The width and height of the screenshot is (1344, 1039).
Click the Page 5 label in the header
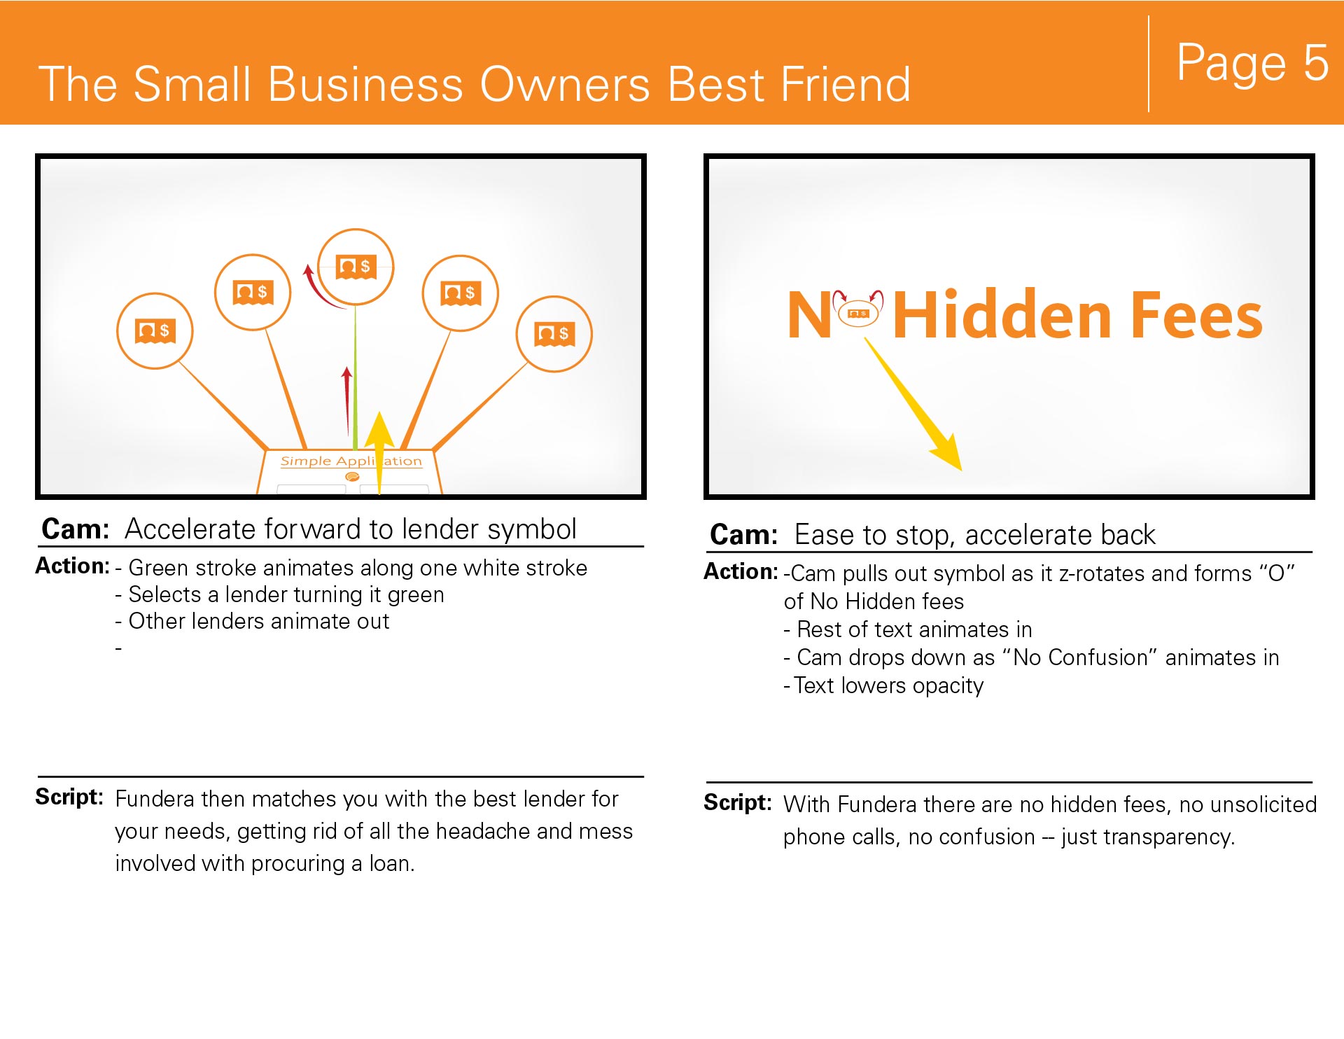click(x=1252, y=62)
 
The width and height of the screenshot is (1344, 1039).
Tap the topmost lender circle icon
click(x=356, y=267)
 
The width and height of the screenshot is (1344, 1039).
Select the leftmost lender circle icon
click(x=155, y=330)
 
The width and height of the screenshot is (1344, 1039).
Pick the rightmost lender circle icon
click(x=554, y=334)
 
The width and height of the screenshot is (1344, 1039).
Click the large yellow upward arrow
click(x=379, y=452)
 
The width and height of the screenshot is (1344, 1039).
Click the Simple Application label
click(x=351, y=461)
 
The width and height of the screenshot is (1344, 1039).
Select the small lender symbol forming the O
click(x=858, y=313)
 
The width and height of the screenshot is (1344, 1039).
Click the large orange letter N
click(x=809, y=315)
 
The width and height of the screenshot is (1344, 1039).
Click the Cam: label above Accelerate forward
click(x=76, y=529)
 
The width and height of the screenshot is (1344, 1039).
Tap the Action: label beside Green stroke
click(x=72, y=566)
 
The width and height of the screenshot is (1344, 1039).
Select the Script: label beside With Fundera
click(x=738, y=802)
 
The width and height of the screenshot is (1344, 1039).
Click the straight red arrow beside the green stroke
click(x=346, y=400)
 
